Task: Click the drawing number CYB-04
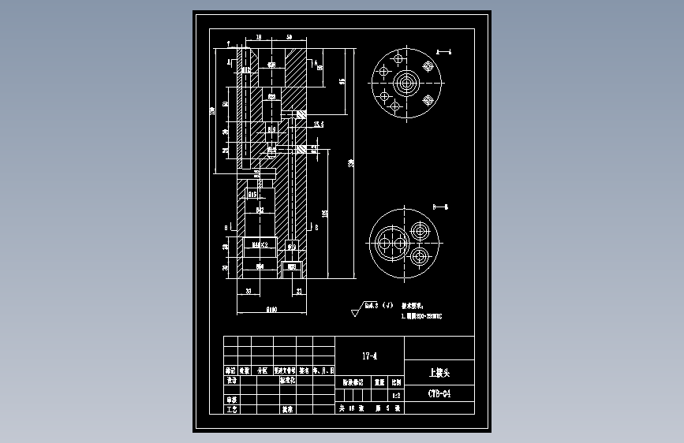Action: coord(439,393)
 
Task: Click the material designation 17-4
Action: coord(369,356)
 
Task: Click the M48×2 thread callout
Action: coord(260,246)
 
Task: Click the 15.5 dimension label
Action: coord(319,125)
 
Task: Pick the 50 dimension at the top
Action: coord(290,38)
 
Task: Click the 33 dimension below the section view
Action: coord(249,291)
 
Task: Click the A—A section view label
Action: coord(443,50)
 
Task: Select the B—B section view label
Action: coord(440,205)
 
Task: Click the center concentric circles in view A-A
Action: coord(407,83)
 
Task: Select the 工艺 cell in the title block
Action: coord(231,410)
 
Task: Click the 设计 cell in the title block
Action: coord(231,380)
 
